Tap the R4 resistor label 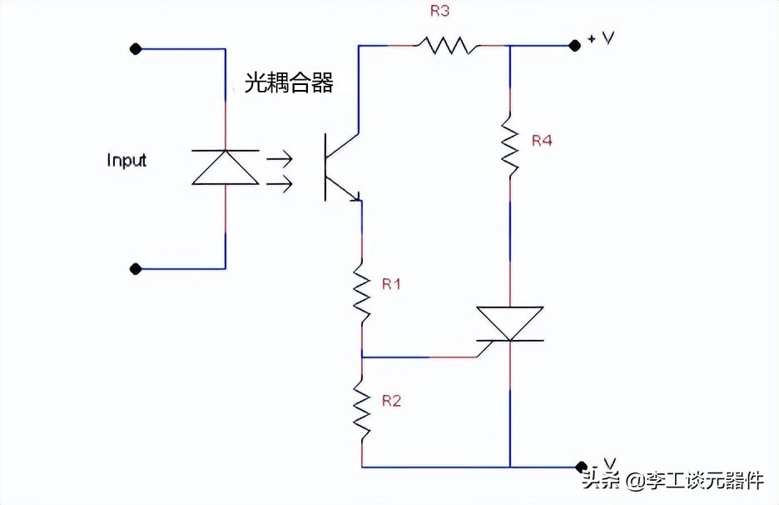click(x=542, y=141)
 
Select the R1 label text click(x=391, y=284)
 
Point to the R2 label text click(x=391, y=401)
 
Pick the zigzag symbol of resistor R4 click(x=509, y=147)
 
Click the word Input click(x=127, y=160)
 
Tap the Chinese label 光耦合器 click(x=289, y=82)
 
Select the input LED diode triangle click(x=226, y=167)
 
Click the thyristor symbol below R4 click(x=509, y=323)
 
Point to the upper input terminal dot click(x=136, y=49)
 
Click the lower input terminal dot click(x=136, y=269)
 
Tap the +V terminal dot click(x=574, y=46)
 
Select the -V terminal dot click(x=580, y=467)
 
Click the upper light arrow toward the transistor click(x=280, y=155)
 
